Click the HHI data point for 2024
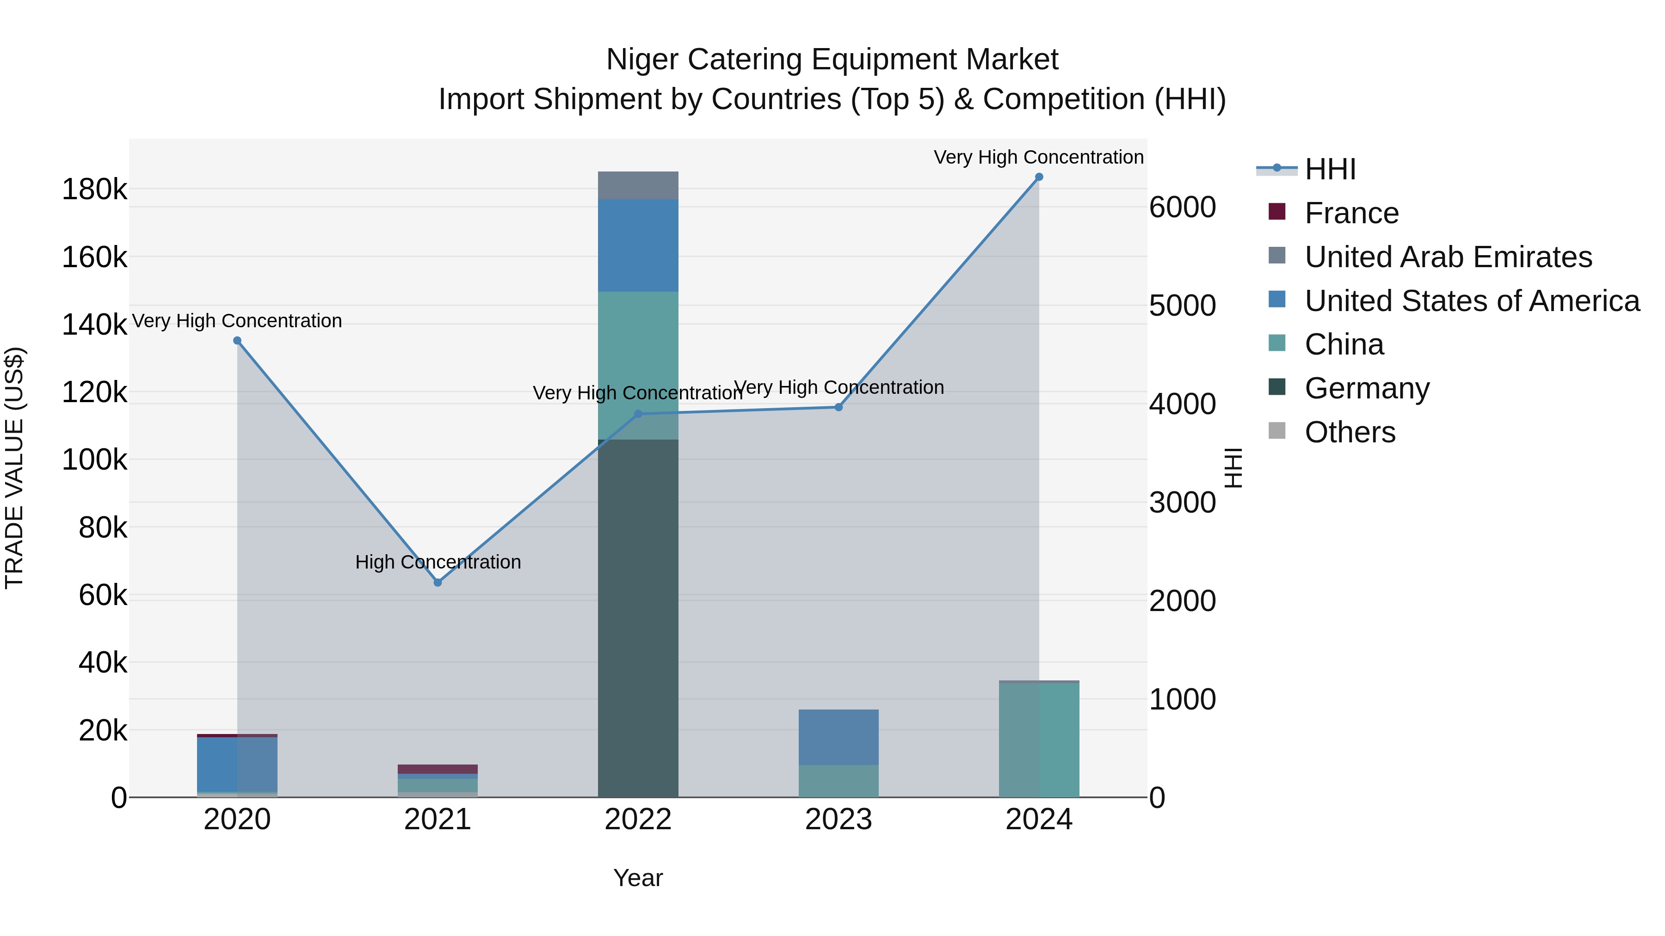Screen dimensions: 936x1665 click(x=1039, y=177)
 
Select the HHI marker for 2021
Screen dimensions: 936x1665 click(x=438, y=583)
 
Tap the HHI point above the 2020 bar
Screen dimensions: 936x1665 click(x=237, y=340)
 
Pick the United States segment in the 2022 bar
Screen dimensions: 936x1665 click(x=638, y=245)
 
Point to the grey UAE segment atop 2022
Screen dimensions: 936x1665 click(x=638, y=185)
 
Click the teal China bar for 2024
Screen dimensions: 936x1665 click(x=1039, y=740)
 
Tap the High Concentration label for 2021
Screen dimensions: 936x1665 click(x=438, y=562)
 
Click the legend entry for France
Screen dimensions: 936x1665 click(x=1351, y=213)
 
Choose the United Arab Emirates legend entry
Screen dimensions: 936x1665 click(x=1448, y=257)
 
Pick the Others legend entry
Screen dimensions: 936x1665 click(x=1350, y=432)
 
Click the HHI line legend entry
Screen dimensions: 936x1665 click(x=1330, y=169)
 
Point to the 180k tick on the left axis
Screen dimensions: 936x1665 click(x=94, y=190)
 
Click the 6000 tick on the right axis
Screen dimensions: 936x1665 click(x=1182, y=208)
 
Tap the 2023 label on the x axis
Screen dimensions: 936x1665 click(x=839, y=820)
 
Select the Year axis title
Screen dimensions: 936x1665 click(x=638, y=878)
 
